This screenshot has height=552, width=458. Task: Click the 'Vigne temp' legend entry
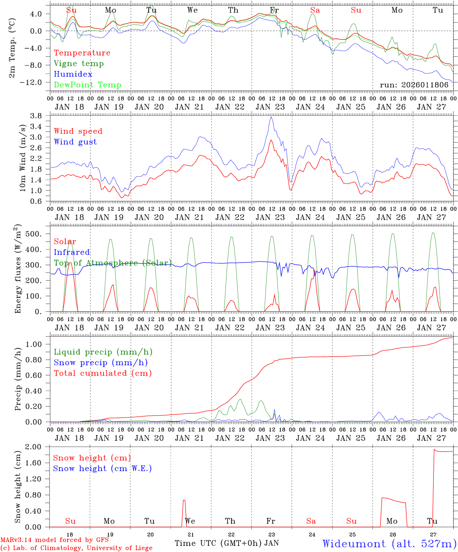(x=79, y=64)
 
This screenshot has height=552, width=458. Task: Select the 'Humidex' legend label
(x=73, y=74)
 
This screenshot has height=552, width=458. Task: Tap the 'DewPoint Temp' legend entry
(x=87, y=85)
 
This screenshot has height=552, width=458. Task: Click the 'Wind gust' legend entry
(x=75, y=142)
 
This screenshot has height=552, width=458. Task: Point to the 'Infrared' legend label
(x=72, y=252)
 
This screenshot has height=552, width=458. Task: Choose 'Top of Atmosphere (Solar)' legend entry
(x=113, y=263)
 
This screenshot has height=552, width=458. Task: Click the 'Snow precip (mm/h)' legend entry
(x=100, y=363)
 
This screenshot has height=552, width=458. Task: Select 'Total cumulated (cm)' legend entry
(x=102, y=373)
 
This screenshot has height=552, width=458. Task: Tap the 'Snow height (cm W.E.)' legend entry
(x=102, y=468)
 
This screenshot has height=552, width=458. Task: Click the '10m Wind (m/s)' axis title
(x=23, y=158)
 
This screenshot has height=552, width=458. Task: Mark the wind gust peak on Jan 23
(x=272, y=117)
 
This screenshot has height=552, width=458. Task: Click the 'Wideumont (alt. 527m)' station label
(x=389, y=544)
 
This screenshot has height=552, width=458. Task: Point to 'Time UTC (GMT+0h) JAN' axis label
(x=226, y=543)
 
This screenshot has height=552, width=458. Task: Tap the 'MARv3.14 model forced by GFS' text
(x=54, y=540)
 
